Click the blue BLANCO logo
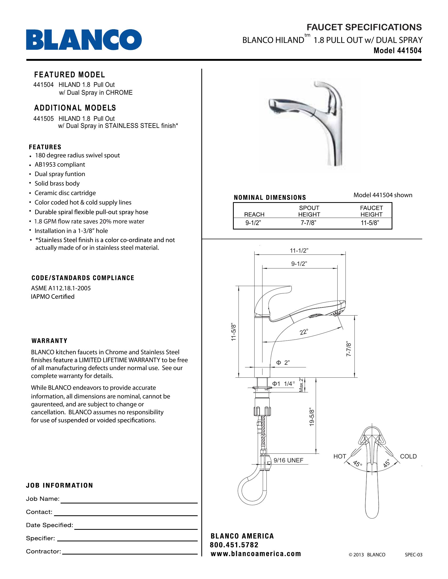(x=84, y=40)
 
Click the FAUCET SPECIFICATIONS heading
(x=364, y=27)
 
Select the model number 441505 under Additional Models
(x=43, y=118)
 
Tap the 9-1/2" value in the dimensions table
(x=253, y=223)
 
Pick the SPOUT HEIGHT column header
(x=309, y=211)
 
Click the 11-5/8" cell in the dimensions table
(x=370, y=223)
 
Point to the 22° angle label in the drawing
(x=304, y=332)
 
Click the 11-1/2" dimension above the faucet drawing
(x=299, y=251)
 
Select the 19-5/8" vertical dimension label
(x=312, y=418)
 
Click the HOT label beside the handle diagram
(x=340, y=456)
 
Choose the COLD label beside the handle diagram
(x=408, y=456)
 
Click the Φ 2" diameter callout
(x=283, y=363)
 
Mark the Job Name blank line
(x=129, y=502)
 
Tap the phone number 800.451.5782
(x=234, y=545)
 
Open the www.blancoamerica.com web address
(x=256, y=554)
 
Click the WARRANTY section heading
(x=50, y=341)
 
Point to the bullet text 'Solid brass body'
(x=57, y=183)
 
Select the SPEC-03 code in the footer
(x=413, y=555)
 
